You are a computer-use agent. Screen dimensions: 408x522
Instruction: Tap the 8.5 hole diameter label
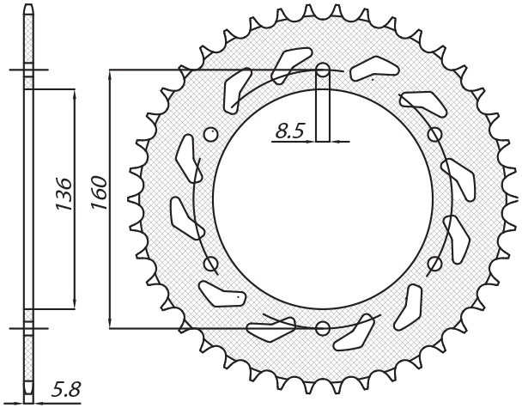pyautogui.click(x=290, y=131)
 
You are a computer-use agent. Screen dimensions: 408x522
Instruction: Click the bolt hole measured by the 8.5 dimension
pyautogui.click(x=323, y=70)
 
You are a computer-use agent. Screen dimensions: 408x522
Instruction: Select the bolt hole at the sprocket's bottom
pyautogui.click(x=323, y=327)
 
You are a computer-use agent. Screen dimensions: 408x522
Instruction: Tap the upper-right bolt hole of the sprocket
pyautogui.click(x=434, y=134)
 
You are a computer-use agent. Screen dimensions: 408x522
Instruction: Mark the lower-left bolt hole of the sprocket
pyautogui.click(x=212, y=264)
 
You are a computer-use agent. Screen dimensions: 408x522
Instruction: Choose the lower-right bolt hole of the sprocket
pyautogui.click(x=434, y=263)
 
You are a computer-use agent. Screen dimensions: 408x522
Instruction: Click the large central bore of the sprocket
pyautogui.click(x=323, y=198)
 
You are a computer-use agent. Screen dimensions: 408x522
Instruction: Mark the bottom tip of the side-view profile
pyautogui.click(x=30, y=399)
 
